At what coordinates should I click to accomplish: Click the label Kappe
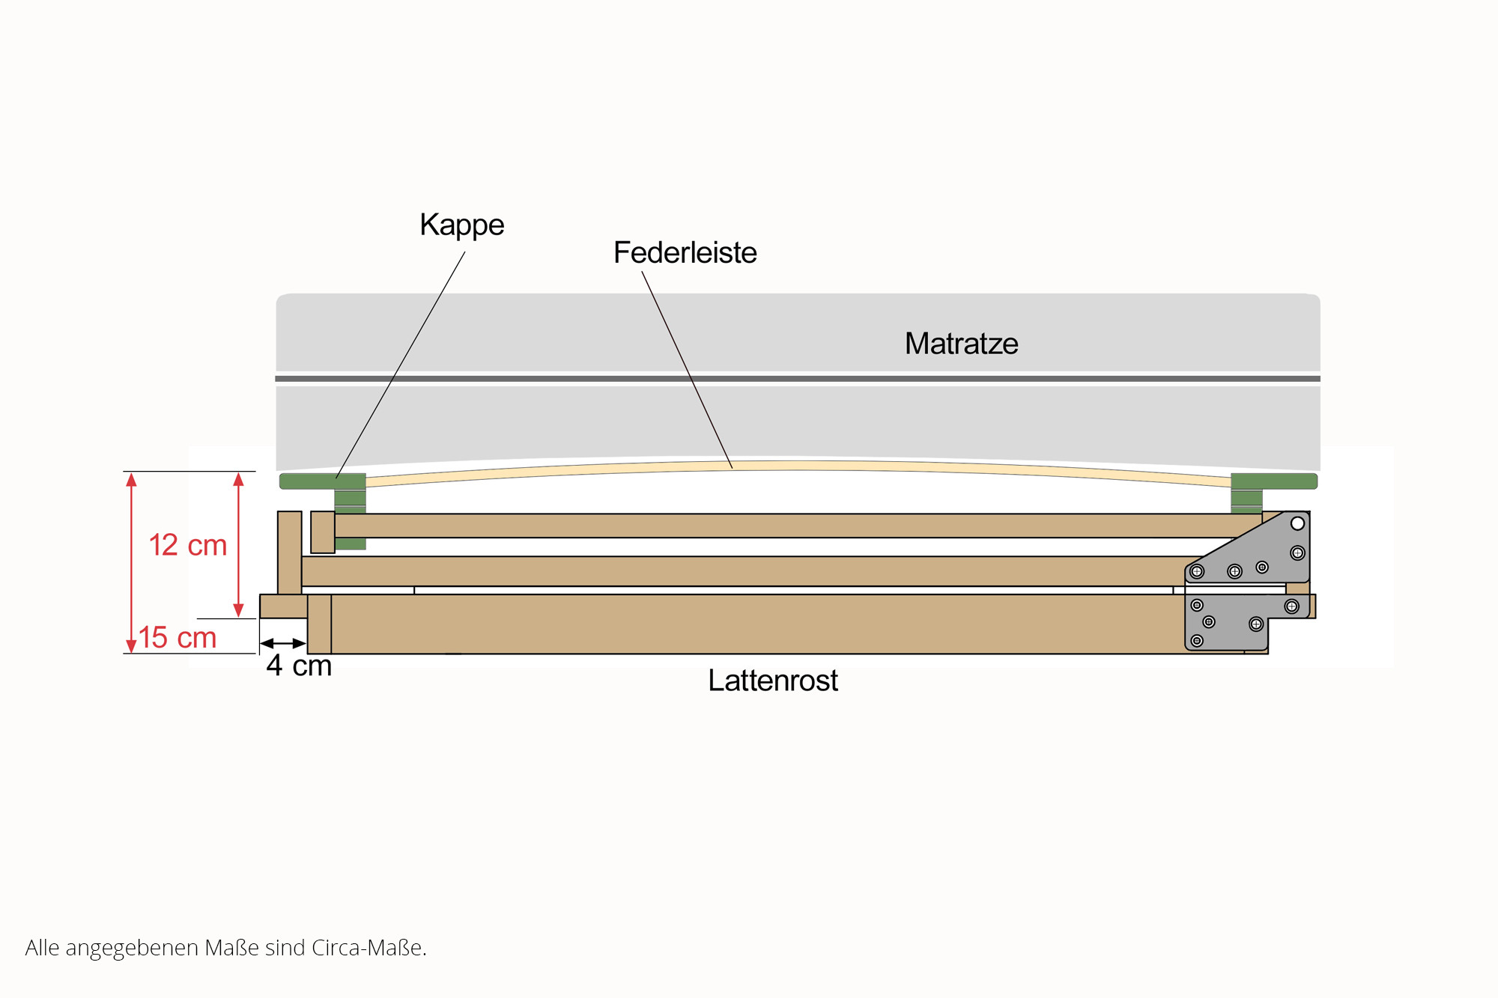click(461, 225)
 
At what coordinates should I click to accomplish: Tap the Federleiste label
click(685, 253)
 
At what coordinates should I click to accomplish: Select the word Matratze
click(961, 344)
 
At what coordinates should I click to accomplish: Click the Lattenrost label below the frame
click(772, 681)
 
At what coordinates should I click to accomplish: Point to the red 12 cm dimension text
click(187, 545)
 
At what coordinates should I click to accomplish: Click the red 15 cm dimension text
click(178, 638)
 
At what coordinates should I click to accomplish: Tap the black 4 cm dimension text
click(298, 666)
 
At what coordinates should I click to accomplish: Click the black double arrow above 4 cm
click(283, 643)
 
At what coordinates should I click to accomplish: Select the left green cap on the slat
click(323, 481)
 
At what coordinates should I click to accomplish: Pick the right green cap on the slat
click(1273, 481)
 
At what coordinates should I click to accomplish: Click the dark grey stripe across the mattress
click(798, 379)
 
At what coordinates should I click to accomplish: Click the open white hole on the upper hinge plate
click(1297, 523)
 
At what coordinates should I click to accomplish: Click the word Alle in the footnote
click(42, 948)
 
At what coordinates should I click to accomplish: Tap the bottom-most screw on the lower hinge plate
click(1197, 641)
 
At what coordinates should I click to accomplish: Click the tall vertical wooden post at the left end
click(289, 553)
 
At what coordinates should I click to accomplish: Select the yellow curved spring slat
click(798, 466)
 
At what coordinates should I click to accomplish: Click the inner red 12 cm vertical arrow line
click(238, 545)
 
